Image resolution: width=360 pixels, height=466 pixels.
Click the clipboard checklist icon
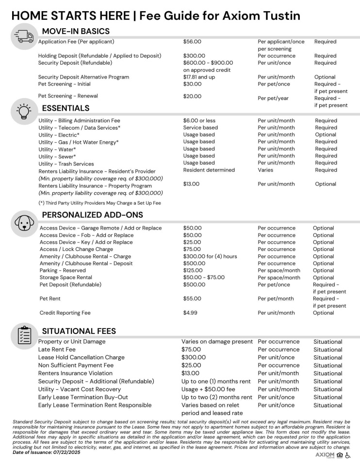click(22, 334)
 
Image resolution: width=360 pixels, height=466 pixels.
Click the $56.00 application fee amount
click(192, 42)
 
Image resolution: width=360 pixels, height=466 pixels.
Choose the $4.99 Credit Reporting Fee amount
click(191, 313)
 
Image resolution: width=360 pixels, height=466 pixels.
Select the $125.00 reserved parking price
click(194, 270)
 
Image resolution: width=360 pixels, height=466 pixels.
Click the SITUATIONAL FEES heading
click(79, 331)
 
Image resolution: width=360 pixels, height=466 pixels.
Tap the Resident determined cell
click(209, 170)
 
